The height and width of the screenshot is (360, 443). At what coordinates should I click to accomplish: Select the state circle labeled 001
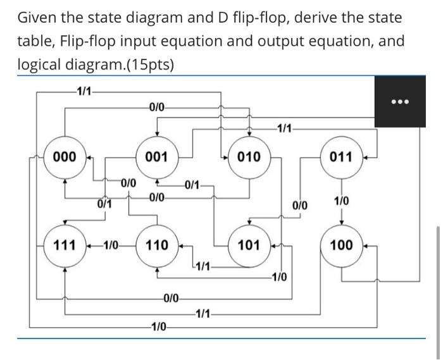pyautogui.click(x=156, y=156)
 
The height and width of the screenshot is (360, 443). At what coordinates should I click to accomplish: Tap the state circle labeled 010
pyautogui.click(x=249, y=156)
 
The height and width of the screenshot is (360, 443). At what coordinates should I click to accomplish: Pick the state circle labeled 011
pyautogui.click(x=341, y=156)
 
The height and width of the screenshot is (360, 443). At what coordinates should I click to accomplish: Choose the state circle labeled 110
pyautogui.click(x=156, y=245)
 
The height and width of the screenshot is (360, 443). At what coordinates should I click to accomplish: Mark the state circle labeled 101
pyautogui.click(x=249, y=245)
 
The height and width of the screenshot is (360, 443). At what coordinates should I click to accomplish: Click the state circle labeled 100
pyautogui.click(x=341, y=245)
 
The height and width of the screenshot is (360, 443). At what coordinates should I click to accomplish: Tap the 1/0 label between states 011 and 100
pyautogui.click(x=341, y=201)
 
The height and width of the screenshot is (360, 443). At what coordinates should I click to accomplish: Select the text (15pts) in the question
pyautogui.click(x=145, y=65)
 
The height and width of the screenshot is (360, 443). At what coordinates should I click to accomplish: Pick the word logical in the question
pyautogui.click(x=38, y=65)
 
